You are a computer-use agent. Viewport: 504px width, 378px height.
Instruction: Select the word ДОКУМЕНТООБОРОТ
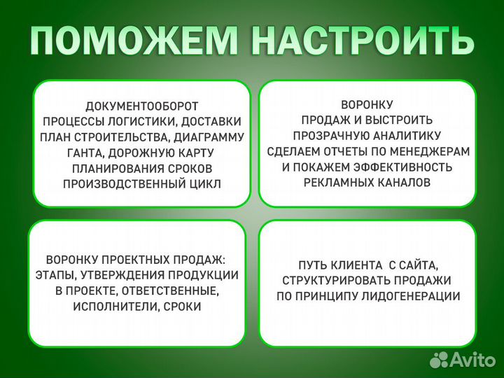142,106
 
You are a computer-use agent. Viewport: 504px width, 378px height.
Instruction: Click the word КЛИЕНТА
356,265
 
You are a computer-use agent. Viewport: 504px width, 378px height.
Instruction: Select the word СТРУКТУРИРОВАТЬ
332,281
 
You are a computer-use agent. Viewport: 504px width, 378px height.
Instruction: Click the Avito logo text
472,359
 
